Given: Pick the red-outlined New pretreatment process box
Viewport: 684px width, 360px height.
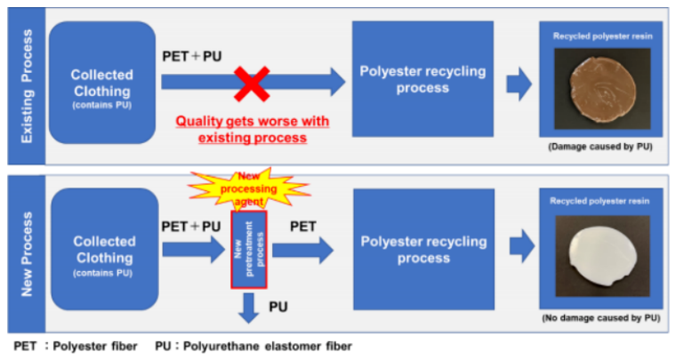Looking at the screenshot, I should (248, 251).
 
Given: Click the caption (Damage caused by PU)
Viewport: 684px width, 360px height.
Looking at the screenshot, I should (601, 146).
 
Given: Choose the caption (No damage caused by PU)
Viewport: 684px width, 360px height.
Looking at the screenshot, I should (601, 316).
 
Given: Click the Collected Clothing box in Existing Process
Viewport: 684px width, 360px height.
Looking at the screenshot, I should (102, 83).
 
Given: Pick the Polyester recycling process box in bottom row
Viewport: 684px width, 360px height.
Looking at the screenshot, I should (422, 249).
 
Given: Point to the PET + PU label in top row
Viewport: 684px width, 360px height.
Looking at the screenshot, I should (192, 56).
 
